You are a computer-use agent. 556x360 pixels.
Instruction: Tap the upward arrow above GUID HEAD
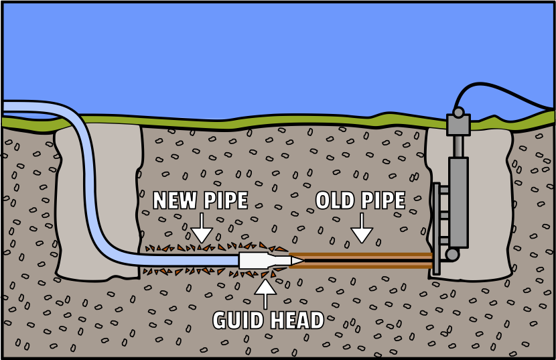265,293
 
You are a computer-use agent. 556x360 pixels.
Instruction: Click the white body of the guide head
253,261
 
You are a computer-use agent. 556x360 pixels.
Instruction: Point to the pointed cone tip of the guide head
297,261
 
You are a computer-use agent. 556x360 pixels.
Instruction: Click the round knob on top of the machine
458,112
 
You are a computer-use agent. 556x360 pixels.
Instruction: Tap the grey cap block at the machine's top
458,125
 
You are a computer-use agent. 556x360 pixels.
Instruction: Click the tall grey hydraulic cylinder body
458,201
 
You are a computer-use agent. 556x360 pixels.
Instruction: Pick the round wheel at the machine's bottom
452,255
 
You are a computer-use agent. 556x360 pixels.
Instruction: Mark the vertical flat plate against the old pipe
436,228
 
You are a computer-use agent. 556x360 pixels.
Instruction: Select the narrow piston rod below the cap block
458,146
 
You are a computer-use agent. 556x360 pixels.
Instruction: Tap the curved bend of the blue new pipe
94,221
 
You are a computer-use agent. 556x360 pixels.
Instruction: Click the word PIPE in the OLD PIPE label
384,200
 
